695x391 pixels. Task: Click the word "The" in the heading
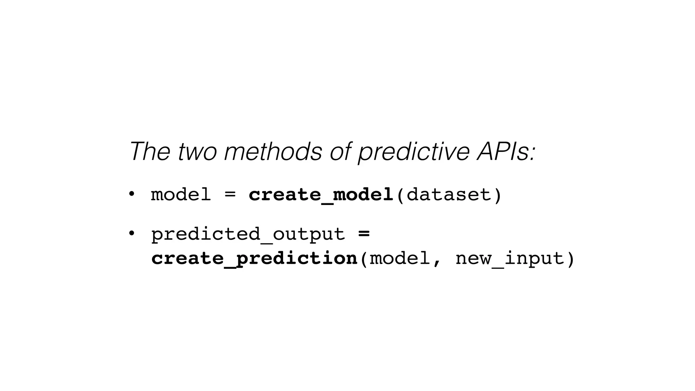150,151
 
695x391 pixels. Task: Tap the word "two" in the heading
197,152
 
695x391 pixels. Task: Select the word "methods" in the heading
273,151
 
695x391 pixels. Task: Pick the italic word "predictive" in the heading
414,152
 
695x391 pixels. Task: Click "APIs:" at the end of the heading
506,151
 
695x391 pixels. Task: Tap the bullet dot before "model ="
131,194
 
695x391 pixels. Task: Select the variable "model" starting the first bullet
181,195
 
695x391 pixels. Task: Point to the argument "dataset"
449,195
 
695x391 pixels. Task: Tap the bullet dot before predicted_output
131,234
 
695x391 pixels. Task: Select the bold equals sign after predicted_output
364,234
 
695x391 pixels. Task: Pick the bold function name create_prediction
254,259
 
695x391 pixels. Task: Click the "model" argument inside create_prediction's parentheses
400,258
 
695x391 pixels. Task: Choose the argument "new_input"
509,259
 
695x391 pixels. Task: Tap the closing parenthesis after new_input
570,259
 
